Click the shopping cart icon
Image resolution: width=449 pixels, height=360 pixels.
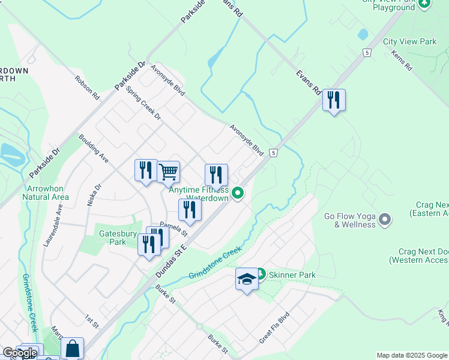click(x=169, y=172)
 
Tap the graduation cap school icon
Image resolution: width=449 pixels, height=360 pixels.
click(x=247, y=279)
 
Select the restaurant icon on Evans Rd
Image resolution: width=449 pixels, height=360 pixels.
click(x=334, y=100)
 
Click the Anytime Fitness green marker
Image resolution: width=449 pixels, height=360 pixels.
click(x=238, y=193)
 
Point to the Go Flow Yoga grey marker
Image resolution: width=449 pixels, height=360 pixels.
click(x=385, y=220)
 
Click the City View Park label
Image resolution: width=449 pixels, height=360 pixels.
click(x=410, y=42)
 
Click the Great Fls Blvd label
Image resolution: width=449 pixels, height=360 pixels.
click(x=274, y=328)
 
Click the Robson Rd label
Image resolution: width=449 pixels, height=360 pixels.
click(x=86, y=87)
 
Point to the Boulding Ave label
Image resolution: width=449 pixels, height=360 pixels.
click(x=93, y=148)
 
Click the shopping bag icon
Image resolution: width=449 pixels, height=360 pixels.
click(x=72, y=348)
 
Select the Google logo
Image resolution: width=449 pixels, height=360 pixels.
click(x=20, y=353)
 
